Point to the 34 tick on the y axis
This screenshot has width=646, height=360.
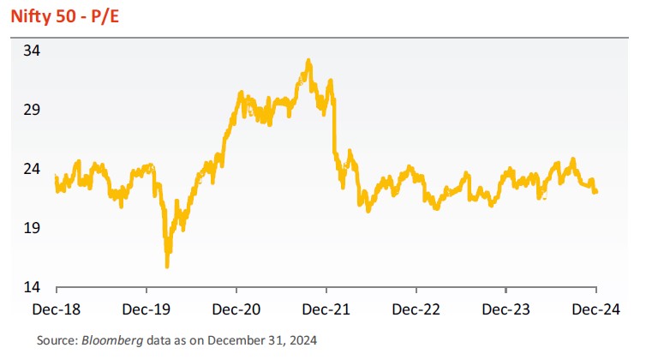tap(32, 51)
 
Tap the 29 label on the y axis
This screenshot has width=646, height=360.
tap(32, 110)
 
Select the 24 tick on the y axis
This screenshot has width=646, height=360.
tap(32, 169)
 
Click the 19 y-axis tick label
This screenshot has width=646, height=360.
tap(32, 228)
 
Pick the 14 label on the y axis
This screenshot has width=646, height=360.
tap(32, 287)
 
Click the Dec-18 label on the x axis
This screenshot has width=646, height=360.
tap(56, 308)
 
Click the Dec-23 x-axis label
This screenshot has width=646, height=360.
tap(505, 308)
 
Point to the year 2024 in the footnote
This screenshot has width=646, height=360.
tap(302, 341)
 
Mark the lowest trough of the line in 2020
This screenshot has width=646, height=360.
tap(167, 267)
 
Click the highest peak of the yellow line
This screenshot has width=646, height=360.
tap(308, 60)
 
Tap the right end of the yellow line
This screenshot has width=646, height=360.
tap(596, 192)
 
